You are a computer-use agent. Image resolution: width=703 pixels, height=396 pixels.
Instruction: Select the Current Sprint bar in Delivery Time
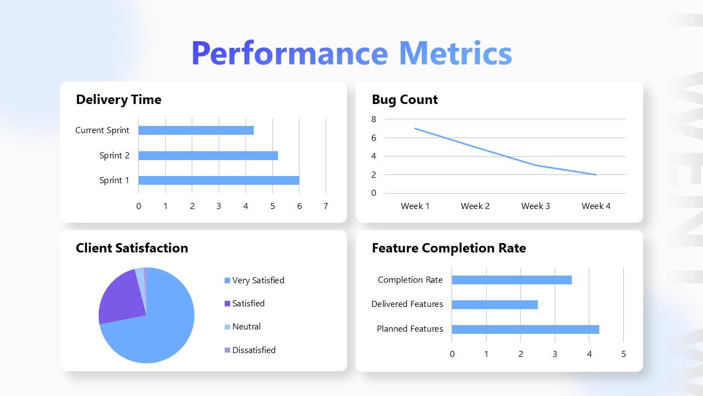(196, 130)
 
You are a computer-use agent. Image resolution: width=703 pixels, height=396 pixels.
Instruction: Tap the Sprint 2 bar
(208, 156)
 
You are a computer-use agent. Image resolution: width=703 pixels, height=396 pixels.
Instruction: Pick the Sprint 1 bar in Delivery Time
(219, 180)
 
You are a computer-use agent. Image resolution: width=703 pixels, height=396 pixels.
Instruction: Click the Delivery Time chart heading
(119, 100)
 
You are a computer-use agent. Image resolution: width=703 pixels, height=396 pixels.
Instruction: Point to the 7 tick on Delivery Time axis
(326, 206)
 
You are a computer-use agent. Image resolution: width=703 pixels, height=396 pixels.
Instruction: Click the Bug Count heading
(405, 100)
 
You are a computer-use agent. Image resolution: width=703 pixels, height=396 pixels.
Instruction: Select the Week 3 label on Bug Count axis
(535, 206)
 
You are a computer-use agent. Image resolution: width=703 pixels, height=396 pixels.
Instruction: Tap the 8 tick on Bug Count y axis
(374, 119)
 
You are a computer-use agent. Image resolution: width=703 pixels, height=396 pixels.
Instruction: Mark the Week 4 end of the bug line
(596, 175)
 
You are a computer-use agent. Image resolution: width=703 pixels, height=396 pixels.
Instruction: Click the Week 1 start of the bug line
(415, 128)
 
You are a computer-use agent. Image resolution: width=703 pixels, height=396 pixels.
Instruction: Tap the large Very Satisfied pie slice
(159, 330)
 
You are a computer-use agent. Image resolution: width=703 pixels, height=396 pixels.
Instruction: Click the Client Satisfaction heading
(132, 248)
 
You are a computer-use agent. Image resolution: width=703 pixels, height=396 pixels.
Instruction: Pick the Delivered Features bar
(494, 305)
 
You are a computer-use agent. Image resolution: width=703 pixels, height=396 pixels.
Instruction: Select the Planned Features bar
(525, 329)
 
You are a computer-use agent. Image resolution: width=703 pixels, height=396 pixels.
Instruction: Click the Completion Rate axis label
(410, 280)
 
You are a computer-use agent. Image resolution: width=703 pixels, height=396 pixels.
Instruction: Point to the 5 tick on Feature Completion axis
(623, 354)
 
